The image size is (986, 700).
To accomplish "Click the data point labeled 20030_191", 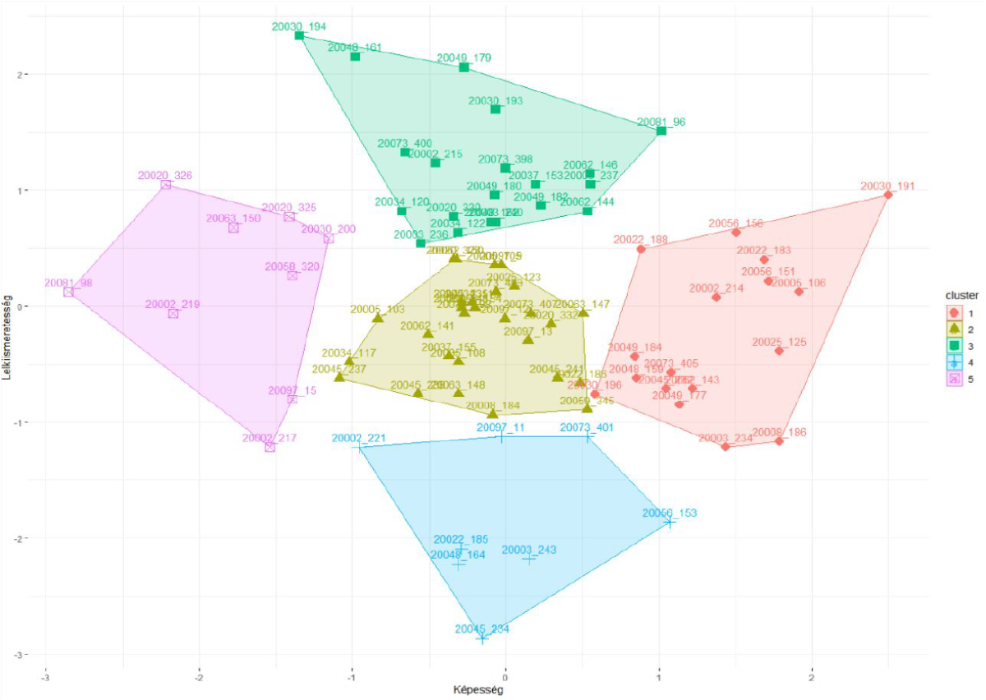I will coord(888,195).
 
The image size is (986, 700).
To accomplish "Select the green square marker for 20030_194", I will coord(299,35).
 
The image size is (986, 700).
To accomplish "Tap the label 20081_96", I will coord(661,122).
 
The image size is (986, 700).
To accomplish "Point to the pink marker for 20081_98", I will coord(68,292).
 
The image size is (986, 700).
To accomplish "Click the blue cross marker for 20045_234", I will coord(482,638).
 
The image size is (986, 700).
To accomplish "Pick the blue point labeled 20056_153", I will coord(670,522).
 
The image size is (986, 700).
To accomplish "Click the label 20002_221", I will coord(357,439).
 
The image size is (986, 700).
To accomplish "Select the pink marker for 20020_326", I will coord(166,185).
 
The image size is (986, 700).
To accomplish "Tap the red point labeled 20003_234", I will coord(726,446).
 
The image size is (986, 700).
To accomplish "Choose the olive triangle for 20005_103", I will coord(378,318).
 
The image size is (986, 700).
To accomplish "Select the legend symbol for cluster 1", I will coord(953,312).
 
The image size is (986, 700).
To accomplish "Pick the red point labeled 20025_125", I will coord(779,351).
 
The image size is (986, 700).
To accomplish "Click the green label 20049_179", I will coord(464,58).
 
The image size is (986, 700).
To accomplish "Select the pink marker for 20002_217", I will coord(270,447).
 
